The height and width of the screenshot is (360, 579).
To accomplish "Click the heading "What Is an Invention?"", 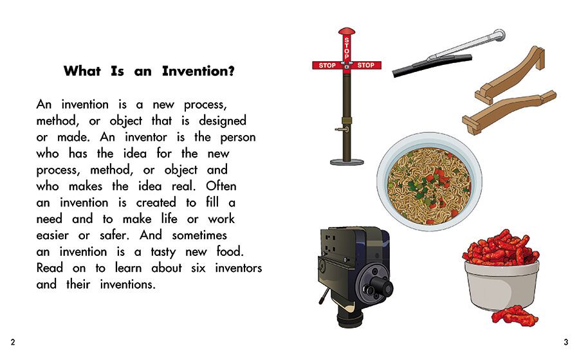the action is [149, 71].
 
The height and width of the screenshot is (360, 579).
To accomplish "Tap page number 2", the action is [13, 342].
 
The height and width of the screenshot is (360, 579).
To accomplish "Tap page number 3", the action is [565, 342].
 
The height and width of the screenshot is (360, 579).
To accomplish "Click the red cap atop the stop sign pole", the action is [346, 31].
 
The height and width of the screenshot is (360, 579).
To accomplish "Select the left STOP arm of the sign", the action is [327, 66].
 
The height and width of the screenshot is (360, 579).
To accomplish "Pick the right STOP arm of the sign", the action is [366, 66].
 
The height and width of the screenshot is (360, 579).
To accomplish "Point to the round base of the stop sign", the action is [347, 162].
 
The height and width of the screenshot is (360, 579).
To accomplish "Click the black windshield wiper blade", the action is [431, 66].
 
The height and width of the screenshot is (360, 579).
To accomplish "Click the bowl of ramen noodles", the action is [430, 181].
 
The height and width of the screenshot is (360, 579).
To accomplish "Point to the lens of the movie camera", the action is [378, 286].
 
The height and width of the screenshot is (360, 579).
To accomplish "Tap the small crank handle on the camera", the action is [324, 296].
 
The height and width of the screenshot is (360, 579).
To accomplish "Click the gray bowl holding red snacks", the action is [501, 285].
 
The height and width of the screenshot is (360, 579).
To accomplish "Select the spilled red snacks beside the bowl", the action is [515, 316].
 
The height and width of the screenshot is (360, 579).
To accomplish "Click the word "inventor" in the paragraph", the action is [146, 137].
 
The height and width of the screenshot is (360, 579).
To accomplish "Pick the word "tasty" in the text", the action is [163, 252].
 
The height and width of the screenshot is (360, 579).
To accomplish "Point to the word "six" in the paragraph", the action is [198, 268].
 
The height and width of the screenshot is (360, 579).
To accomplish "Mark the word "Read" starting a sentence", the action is [50, 268].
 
